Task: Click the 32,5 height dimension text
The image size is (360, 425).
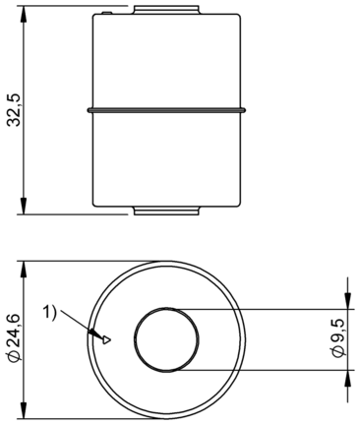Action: click(14, 110)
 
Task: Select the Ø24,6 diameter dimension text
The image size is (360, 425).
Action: click(15, 338)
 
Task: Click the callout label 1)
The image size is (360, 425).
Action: click(50, 311)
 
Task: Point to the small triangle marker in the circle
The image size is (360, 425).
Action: click(106, 339)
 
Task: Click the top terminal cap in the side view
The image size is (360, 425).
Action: click(166, 9)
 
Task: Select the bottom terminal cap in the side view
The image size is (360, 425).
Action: click(166, 211)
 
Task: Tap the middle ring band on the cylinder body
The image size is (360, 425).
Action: click(166, 110)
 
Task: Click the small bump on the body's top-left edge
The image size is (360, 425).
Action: click(107, 13)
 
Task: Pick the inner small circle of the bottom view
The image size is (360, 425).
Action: click(166, 307)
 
